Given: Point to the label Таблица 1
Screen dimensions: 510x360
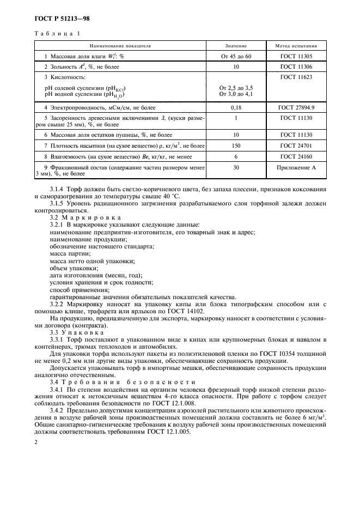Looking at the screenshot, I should click(57, 34).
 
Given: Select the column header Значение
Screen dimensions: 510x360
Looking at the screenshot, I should click(236, 46).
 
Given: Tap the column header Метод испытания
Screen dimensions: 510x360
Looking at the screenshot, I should click(297, 46).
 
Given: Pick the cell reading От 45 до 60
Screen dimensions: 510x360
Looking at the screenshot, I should click(236, 57).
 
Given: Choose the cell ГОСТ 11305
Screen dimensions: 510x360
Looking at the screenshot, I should click(297, 57).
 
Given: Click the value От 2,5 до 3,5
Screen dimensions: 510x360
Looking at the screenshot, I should click(236, 87).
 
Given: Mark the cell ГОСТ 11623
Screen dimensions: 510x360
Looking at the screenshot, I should click(297, 77).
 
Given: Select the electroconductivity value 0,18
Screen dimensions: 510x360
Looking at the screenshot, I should click(236, 107).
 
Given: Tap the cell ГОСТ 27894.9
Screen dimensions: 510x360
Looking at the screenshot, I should click(297, 107).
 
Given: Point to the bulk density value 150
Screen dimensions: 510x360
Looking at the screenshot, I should click(236, 146).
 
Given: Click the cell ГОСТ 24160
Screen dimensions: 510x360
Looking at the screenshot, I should click(297, 156).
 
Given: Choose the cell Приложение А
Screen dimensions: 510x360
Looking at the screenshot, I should click(297, 168).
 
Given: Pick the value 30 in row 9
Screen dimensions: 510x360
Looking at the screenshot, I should click(236, 168).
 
